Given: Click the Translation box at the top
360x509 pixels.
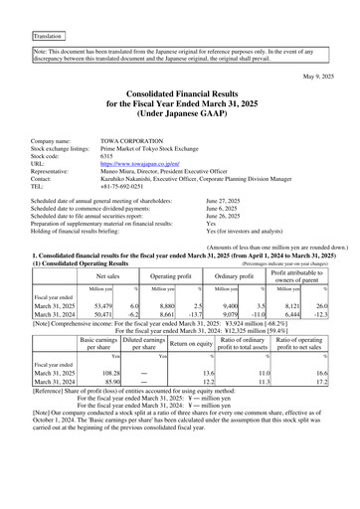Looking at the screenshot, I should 48,35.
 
